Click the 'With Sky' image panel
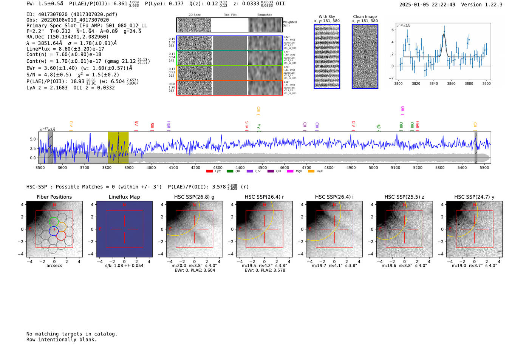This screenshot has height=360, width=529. click(327, 56)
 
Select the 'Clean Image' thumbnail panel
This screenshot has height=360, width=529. click(365, 56)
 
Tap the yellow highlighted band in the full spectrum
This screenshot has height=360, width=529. click(118, 147)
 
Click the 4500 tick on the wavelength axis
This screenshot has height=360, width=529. click(262, 168)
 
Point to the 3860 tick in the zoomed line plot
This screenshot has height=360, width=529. click(451, 83)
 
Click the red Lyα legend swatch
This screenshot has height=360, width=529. click(209, 172)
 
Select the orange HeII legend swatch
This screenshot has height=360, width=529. click(311, 172)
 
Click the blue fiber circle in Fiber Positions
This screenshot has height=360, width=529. click(54, 231)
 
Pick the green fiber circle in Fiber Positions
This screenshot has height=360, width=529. click(54, 221)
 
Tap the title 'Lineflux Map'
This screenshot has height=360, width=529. click(124, 197)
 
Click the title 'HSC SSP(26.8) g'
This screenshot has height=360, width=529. click(194, 197)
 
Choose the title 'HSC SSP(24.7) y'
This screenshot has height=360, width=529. click(474, 197)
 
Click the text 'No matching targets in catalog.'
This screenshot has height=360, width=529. click(72, 334)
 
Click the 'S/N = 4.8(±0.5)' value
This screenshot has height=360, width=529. click(49, 75)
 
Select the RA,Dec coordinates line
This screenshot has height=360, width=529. click(67, 37)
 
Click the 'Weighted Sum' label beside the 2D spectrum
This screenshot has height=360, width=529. click(289, 24)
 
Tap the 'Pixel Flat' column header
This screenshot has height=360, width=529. click(230, 15)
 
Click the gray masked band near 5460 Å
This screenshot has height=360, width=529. click(476, 147)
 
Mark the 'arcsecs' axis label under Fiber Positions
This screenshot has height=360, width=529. click(54, 266)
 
